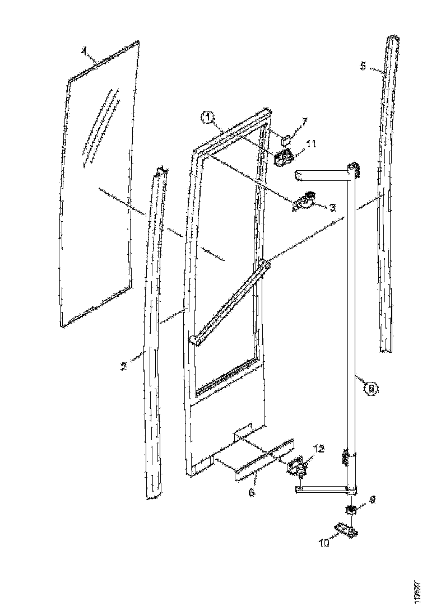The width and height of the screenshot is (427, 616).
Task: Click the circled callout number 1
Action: click(x=207, y=118)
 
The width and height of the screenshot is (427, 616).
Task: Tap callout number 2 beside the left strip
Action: click(x=124, y=367)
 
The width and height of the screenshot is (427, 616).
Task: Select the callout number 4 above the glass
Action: click(x=84, y=51)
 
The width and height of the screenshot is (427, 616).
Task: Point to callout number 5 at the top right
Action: click(x=363, y=66)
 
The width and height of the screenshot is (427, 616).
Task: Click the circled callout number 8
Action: click(x=370, y=388)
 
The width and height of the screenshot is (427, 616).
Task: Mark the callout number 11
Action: click(x=311, y=144)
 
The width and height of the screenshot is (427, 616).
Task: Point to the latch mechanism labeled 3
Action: click(x=304, y=200)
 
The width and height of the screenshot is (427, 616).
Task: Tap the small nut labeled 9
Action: click(x=351, y=510)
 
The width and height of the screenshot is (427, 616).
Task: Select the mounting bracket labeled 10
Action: click(x=346, y=529)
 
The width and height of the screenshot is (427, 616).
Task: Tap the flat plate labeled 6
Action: click(x=263, y=459)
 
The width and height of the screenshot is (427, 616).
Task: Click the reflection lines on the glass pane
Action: click(x=101, y=126)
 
